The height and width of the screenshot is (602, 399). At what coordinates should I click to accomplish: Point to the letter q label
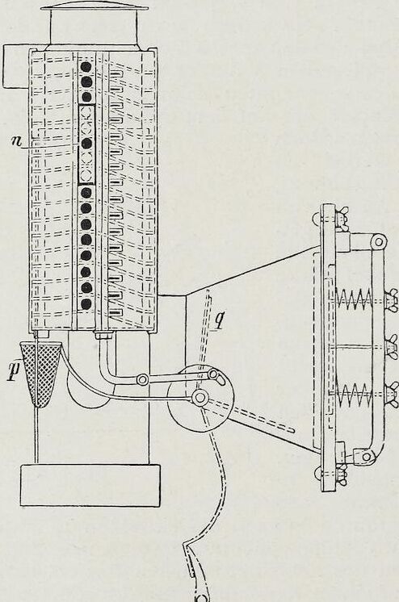click(219, 321)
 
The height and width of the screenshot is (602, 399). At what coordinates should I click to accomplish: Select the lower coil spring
click(354, 392)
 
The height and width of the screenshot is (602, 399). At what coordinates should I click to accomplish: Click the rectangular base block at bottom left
click(90, 484)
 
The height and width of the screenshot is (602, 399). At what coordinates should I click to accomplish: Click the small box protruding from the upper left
click(16, 66)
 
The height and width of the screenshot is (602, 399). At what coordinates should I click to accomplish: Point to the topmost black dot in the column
click(86, 67)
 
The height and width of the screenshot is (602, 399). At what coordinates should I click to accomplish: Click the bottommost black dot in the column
click(86, 304)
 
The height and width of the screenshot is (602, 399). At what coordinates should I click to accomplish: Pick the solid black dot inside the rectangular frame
click(86, 144)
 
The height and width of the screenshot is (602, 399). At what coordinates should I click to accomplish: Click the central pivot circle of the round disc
click(199, 397)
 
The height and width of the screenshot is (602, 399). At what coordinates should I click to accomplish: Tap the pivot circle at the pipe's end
click(143, 380)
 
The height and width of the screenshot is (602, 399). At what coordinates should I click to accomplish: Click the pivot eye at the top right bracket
click(379, 241)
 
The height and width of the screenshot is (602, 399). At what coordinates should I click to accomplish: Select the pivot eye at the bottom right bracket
click(367, 457)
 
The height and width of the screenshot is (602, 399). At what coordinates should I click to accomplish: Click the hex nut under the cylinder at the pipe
click(103, 336)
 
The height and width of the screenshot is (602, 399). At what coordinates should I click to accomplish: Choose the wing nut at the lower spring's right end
click(392, 391)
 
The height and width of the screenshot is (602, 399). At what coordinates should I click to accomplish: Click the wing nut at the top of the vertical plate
click(342, 217)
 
